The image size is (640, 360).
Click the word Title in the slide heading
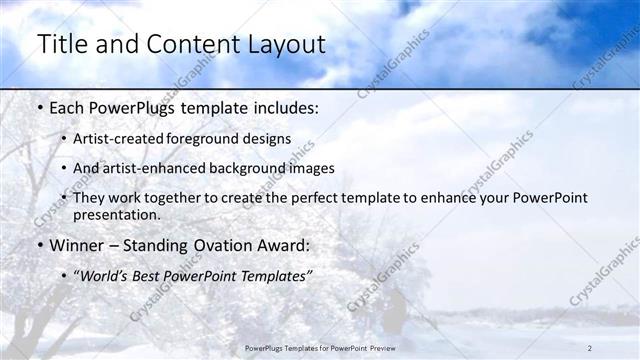62,45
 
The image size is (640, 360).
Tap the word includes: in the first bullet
283,106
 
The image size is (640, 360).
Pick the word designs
268,138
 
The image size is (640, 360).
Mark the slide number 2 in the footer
590,347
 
